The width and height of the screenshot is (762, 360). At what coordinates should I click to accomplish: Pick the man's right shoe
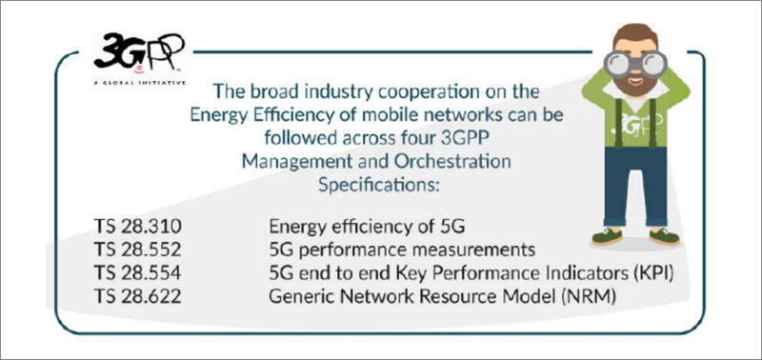[611, 235]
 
